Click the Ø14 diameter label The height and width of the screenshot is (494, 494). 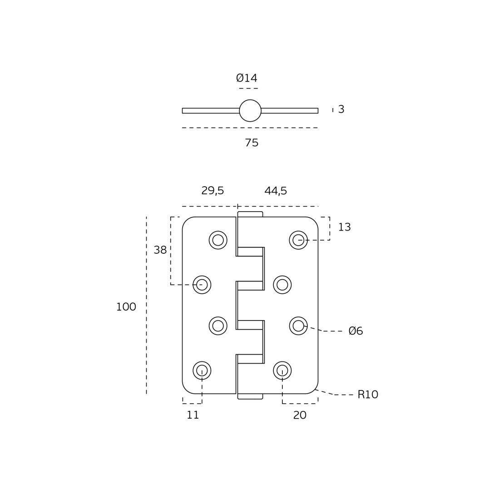coord(247,79)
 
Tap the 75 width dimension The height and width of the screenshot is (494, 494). coord(252,143)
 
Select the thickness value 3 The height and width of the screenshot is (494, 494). coord(341,109)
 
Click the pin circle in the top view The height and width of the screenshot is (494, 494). coord(250,111)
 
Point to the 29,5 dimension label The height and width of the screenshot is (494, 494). coord(212,191)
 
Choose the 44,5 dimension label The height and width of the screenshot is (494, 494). coord(276,191)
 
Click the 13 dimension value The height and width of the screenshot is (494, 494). coord(344,227)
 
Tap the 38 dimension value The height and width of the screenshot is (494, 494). coord(160,250)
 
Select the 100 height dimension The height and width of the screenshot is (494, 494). coord(126,307)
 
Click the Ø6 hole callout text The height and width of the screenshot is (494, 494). coord(356,331)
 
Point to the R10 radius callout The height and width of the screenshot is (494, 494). coord(368,395)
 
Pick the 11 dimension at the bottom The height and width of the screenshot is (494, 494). coord(193,415)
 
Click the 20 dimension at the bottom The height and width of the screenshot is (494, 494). coord(300,415)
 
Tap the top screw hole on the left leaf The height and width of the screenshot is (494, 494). coord(218,240)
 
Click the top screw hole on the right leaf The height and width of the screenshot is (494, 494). coord(298,240)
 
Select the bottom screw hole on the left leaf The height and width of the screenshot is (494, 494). coord(202,370)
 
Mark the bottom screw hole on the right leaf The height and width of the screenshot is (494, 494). coord(282,370)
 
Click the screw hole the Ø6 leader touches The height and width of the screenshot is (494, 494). coord(298,326)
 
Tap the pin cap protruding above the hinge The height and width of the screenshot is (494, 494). coord(250,214)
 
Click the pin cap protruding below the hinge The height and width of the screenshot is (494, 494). coord(250,396)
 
